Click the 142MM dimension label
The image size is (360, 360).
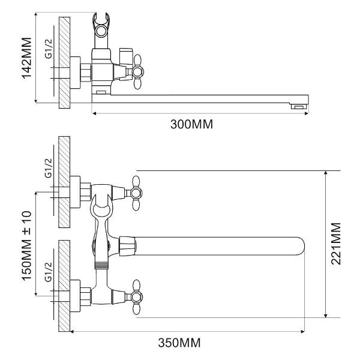(x=26, y=58)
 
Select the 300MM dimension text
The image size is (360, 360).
(x=192, y=124)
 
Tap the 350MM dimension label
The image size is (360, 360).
(x=179, y=343)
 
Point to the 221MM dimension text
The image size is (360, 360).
(x=336, y=244)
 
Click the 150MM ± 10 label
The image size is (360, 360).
(x=26, y=245)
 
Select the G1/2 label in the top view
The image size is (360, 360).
(x=49, y=49)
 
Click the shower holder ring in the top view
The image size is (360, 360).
(x=101, y=31)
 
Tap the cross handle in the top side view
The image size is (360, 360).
(x=137, y=72)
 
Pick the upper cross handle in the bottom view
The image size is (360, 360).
(x=136, y=193)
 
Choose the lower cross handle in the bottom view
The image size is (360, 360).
(x=136, y=297)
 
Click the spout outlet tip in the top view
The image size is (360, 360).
(x=299, y=107)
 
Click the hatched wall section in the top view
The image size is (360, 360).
(x=65, y=62)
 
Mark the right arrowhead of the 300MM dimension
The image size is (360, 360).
(x=307, y=113)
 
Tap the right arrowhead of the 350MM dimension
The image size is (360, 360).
(x=302, y=331)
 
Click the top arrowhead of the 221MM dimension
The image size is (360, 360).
(x=326, y=173)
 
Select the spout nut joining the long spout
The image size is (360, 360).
(x=127, y=246)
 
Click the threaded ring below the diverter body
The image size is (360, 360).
(x=101, y=265)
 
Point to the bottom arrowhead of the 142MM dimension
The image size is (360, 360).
(x=36, y=101)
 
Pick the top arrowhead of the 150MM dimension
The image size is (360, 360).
(x=36, y=194)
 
